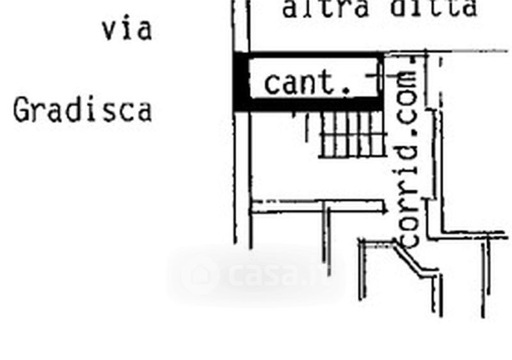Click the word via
coord(127,29)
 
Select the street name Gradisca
coord(83,110)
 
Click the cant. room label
coord(308,83)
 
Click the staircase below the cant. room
coord(352,134)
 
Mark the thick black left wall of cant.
coord(240,82)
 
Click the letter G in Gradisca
coord(21,110)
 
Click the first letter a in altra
coord(290,9)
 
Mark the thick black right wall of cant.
coord(381,82)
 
